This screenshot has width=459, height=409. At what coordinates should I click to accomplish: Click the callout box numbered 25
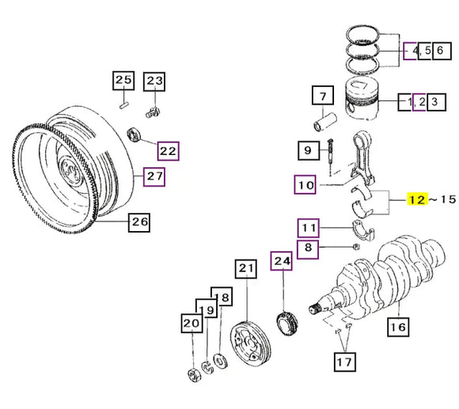click(x=123, y=80)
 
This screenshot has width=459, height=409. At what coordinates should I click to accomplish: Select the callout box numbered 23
click(x=154, y=80)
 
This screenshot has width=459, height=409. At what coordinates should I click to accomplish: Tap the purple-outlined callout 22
click(x=168, y=149)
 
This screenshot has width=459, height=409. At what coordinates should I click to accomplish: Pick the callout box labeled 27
click(x=154, y=176)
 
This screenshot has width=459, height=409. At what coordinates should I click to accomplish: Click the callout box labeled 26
click(x=139, y=222)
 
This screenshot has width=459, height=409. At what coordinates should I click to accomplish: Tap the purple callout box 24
click(x=282, y=260)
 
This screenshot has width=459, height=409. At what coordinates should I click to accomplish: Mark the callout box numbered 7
click(x=322, y=99)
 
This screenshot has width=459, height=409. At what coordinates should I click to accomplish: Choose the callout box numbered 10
click(x=306, y=186)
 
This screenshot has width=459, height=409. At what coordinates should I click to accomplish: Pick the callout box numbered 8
click(x=309, y=247)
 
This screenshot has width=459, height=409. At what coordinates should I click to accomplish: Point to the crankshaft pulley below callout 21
click(x=247, y=341)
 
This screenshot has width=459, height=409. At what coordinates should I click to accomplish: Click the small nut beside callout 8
click(x=356, y=248)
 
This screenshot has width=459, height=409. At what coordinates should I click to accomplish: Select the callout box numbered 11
click(x=309, y=229)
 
